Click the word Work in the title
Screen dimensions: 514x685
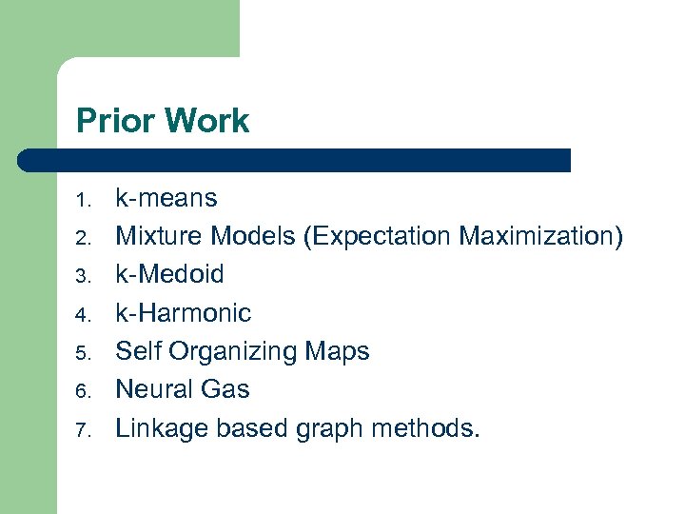205,121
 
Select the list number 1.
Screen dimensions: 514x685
83,200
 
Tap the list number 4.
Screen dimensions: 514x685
83,315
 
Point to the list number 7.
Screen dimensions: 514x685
83,430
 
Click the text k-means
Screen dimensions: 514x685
166,198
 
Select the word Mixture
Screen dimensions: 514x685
159,236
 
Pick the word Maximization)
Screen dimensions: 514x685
541,236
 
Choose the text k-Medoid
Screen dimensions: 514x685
169,274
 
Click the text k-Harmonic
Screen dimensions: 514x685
183,312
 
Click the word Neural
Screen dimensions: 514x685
153,389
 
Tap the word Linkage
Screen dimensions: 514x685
162,428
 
